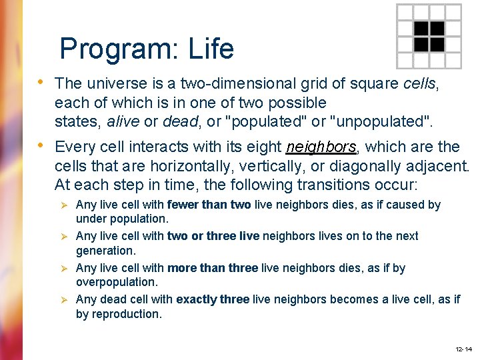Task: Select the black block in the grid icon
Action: point(429,37)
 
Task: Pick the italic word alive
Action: point(125,121)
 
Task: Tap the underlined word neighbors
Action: point(321,147)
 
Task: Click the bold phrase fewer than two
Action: point(209,205)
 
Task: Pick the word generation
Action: point(105,250)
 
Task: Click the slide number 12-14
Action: point(463,349)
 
